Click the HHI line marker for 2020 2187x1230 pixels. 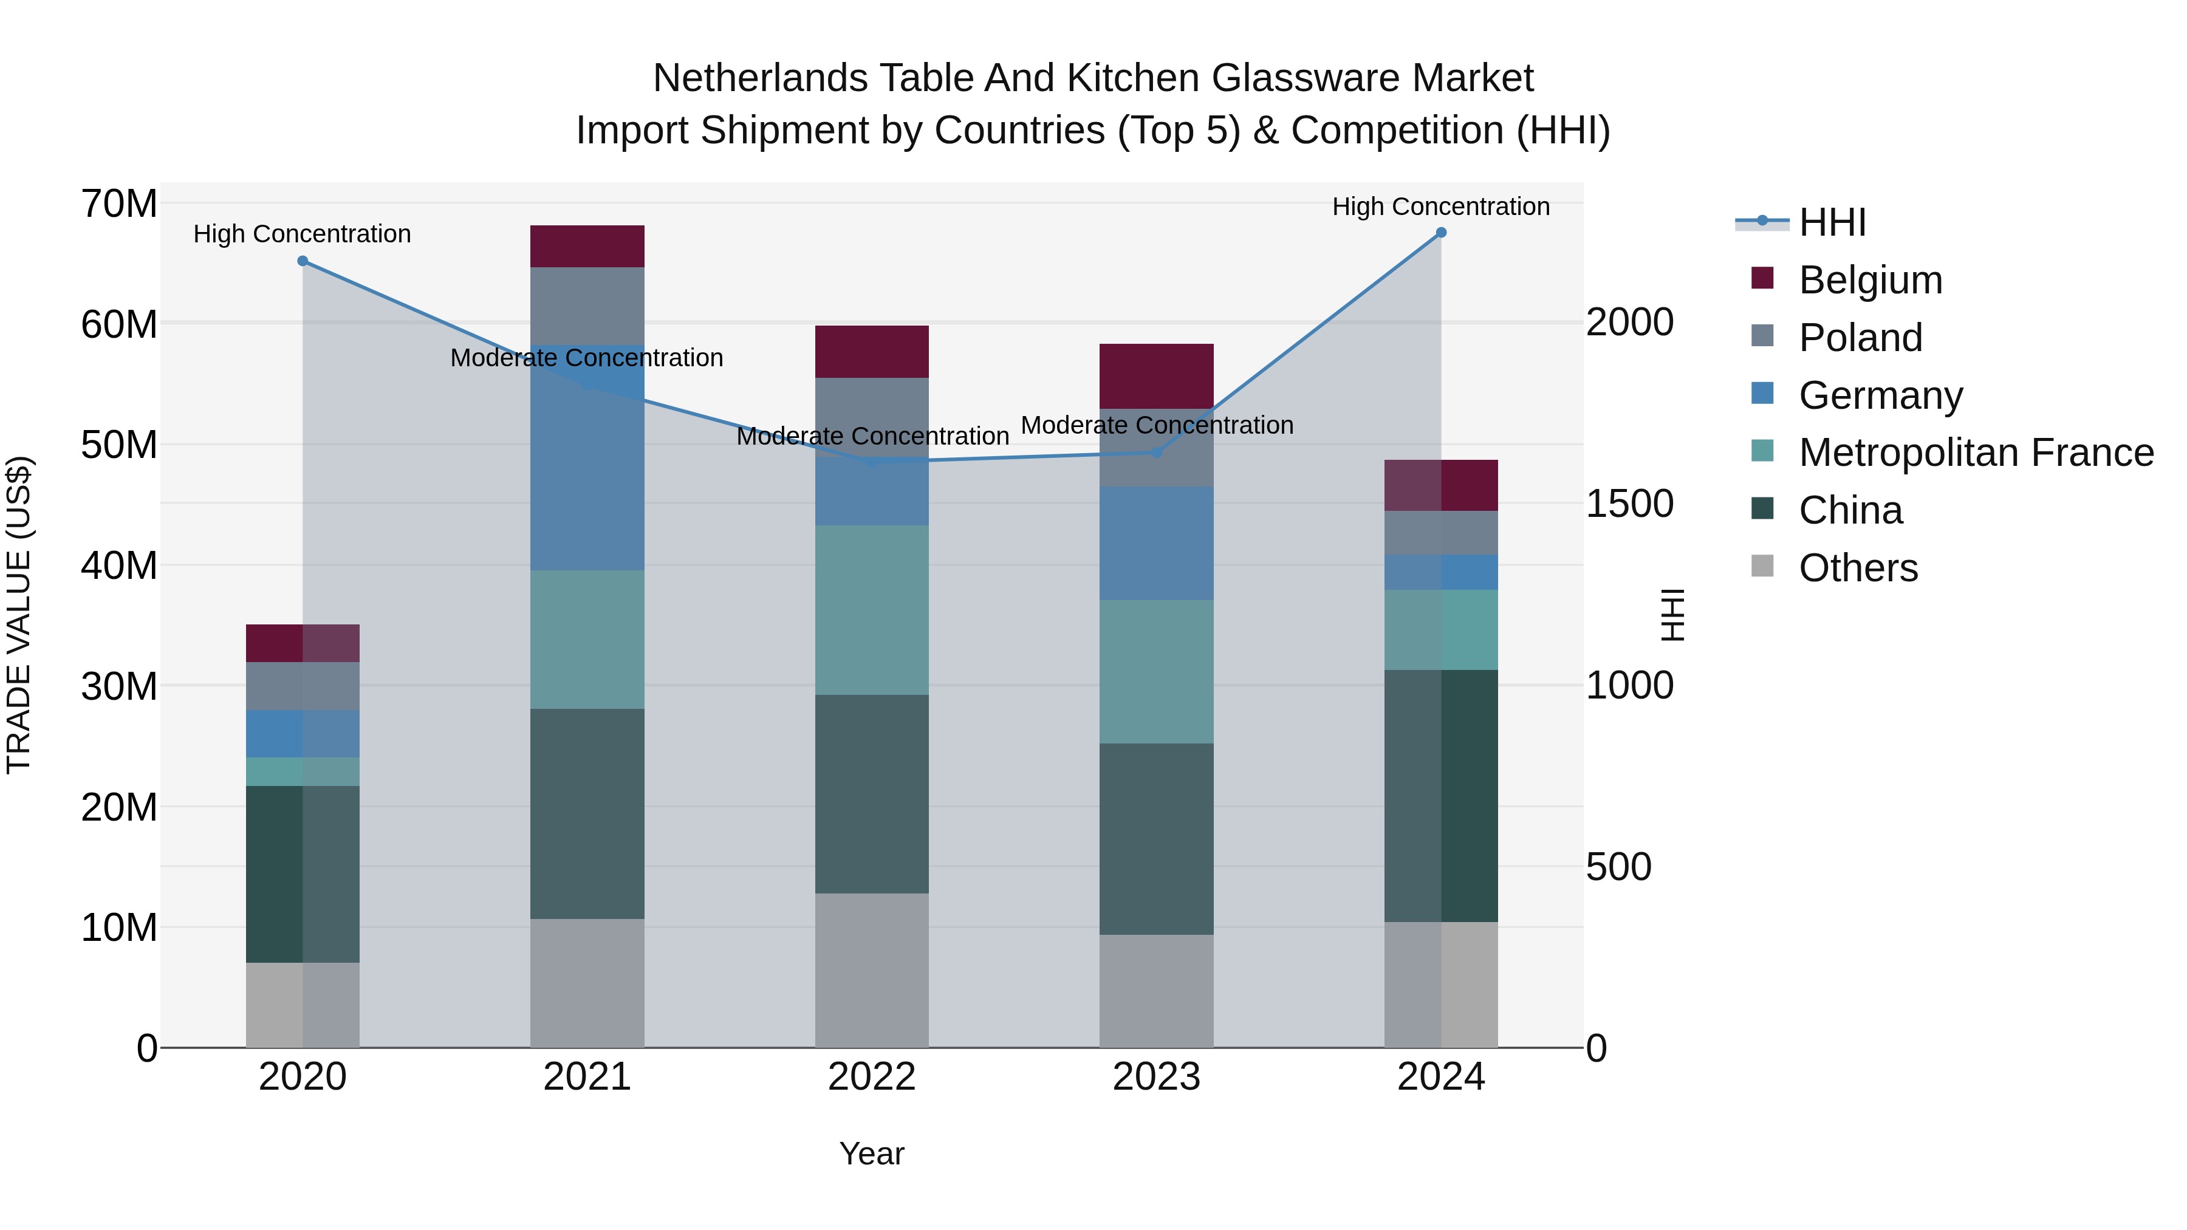click(303, 261)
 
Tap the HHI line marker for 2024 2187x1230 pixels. click(1441, 233)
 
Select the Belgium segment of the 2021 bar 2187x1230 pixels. click(587, 246)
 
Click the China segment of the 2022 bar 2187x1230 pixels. click(871, 794)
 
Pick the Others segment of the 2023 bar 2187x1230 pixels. click(1155, 991)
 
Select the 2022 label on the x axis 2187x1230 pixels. click(871, 1077)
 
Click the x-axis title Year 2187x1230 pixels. click(871, 1153)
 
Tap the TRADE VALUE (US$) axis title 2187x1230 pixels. click(19, 615)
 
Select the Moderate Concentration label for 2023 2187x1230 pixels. click(1156, 425)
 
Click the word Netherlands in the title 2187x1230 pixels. click(761, 78)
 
